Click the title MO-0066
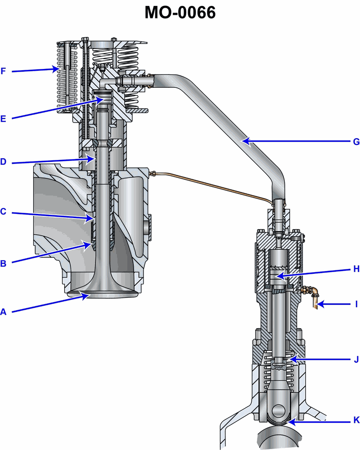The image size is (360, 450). tap(180, 13)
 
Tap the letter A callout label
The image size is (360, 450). tap(3, 312)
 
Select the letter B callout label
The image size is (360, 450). tap(3, 264)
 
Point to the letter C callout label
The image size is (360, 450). tap(3, 212)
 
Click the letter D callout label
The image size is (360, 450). tap(3, 162)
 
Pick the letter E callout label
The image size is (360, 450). tap(3, 119)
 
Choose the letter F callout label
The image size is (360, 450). tap(3, 71)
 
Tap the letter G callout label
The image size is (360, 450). tap(356, 142)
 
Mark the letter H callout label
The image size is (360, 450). tap(356, 269)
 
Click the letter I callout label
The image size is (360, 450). tap(356, 304)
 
